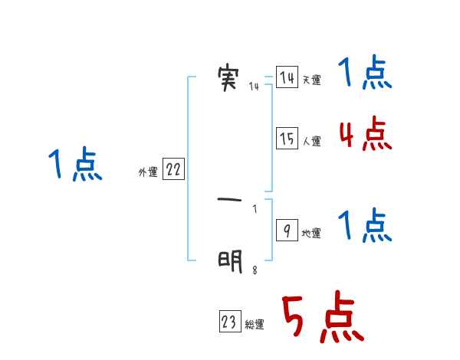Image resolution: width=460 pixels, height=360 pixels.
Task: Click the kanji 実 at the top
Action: (x=228, y=78)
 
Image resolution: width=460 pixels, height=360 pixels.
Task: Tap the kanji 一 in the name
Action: (x=229, y=201)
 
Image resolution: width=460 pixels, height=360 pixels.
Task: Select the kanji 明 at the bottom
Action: (x=229, y=261)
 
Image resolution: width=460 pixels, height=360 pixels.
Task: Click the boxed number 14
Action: (x=287, y=78)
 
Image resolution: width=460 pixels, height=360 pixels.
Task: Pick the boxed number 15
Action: (x=287, y=139)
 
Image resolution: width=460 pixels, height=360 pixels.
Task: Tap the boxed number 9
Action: (x=287, y=231)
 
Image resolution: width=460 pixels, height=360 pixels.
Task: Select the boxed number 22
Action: (x=173, y=170)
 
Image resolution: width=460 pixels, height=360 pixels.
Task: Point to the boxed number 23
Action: (x=229, y=322)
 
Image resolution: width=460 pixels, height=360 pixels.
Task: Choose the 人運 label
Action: (x=311, y=142)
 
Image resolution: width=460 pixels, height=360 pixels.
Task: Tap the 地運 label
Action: (x=311, y=234)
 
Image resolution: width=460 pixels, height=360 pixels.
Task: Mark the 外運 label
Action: (x=147, y=173)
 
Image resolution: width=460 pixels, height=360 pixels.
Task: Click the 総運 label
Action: (x=254, y=326)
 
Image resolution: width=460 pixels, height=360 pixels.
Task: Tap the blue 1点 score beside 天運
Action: (x=365, y=74)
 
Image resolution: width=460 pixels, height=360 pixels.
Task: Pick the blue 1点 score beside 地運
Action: (x=365, y=227)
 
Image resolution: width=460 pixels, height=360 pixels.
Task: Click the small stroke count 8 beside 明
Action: (x=255, y=270)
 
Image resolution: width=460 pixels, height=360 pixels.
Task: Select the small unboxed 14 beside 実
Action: (x=254, y=87)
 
